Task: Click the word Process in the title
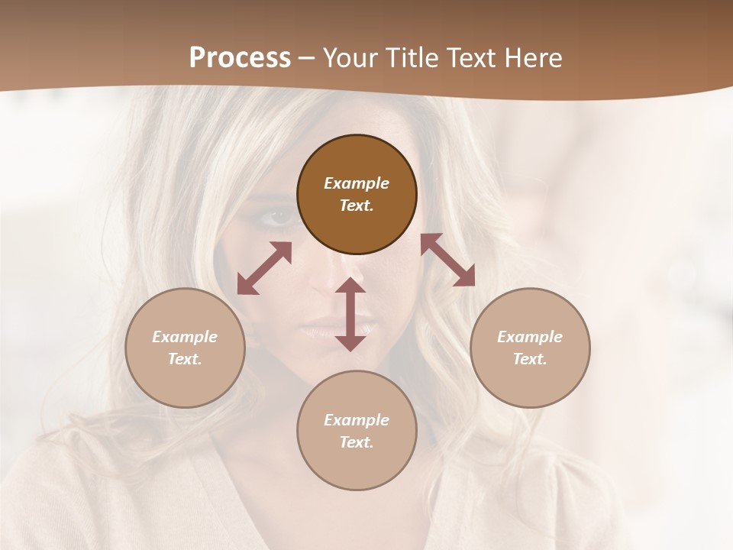click(240, 57)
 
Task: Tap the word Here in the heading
click(533, 57)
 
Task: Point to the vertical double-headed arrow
click(350, 314)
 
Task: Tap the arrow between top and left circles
click(264, 268)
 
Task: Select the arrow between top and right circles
click(447, 260)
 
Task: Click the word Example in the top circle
click(357, 183)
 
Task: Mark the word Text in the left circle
click(185, 359)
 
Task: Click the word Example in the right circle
click(530, 337)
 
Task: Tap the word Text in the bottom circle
click(357, 442)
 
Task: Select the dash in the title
click(306, 58)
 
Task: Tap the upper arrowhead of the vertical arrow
click(350, 285)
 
